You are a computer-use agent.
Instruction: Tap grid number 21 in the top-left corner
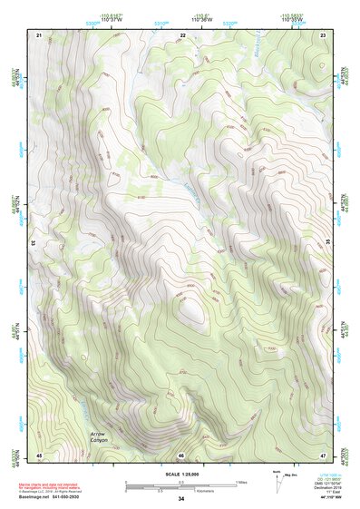click(x=39, y=34)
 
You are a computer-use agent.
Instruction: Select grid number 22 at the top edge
click(x=182, y=34)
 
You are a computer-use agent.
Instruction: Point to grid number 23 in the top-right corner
click(x=324, y=34)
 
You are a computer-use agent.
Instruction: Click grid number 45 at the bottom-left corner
click(x=39, y=455)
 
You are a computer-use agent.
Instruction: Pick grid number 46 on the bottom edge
click(x=181, y=455)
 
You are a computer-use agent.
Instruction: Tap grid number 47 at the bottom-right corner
click(x=324, y=455)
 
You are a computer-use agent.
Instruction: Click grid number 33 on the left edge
click(x=34, y=243)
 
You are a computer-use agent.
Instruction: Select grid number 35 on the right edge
click(x=327, y=243)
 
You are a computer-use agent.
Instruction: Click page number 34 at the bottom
click(x=180, y=500)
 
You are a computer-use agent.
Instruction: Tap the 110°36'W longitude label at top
click(x=181, y=18)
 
